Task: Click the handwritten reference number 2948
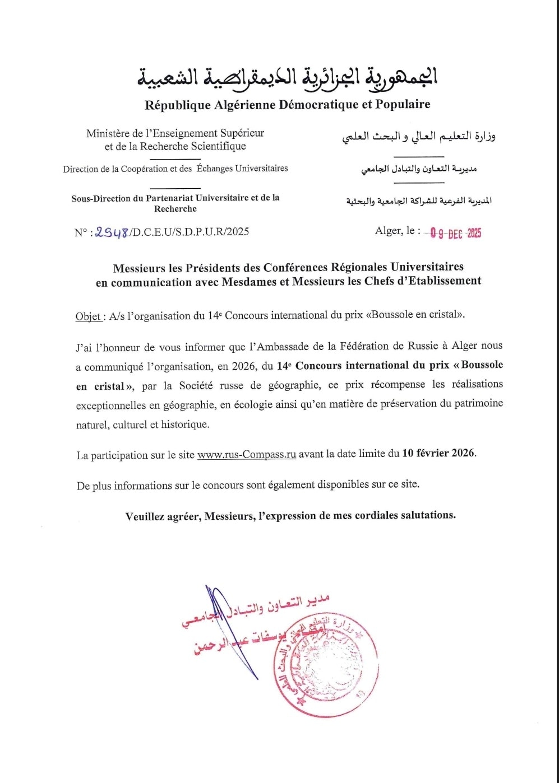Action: click(112, 232)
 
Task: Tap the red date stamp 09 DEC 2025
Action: click(456, 233)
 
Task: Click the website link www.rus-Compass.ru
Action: click(246, 454)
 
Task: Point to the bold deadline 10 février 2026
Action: click(438, 453)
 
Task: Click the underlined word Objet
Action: click(89, 316)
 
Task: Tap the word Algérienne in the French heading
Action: click(244, 105)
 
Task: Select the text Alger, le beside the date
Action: click(397, 230)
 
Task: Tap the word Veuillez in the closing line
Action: click(145, 516)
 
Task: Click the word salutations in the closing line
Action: click(428, 515)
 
